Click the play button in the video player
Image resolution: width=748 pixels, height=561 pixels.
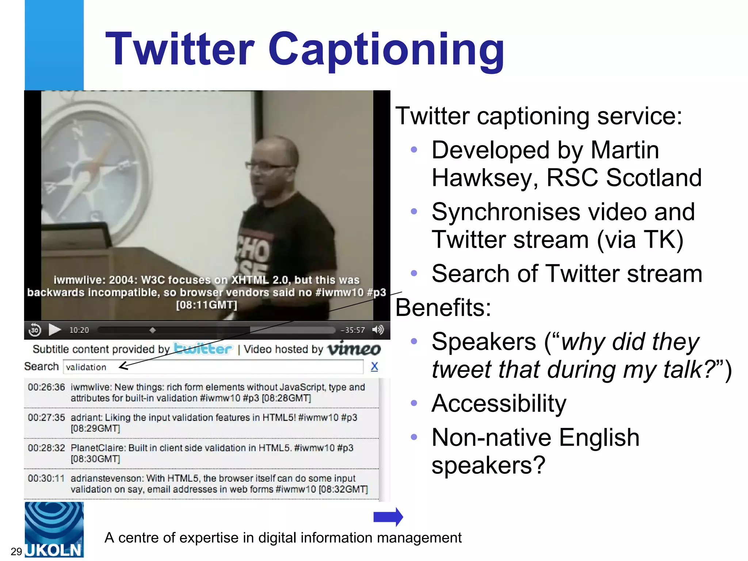(x=55, y=329)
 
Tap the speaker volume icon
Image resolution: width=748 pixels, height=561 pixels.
(x=378, y=329)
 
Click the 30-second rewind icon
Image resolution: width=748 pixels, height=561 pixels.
(x=35, y=330)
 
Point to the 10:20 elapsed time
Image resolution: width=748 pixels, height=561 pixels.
(x=79, y=330)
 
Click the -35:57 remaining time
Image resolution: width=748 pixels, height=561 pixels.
(x=352, y=330)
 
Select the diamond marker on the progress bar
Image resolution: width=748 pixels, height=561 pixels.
(x=153, y=330)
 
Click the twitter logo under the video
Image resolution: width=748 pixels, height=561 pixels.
(x=203, y=348)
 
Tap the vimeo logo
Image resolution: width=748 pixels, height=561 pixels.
(x=354, y=348)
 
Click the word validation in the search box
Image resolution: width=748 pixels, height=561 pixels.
(x=86, y=367)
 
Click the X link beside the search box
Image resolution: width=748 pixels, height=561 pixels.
(x=374, y=366)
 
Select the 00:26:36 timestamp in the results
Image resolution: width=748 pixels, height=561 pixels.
(x=46, y=387)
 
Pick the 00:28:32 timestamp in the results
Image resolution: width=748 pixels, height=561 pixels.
(x=46, y=448)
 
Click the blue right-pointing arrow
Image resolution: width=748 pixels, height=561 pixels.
(x=388, y=517)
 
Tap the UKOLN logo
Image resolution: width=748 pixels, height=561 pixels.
(x=54, y=530)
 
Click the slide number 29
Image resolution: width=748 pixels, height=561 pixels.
(x=16, y=551)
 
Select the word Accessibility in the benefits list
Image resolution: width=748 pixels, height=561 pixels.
(x=499, y=404)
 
